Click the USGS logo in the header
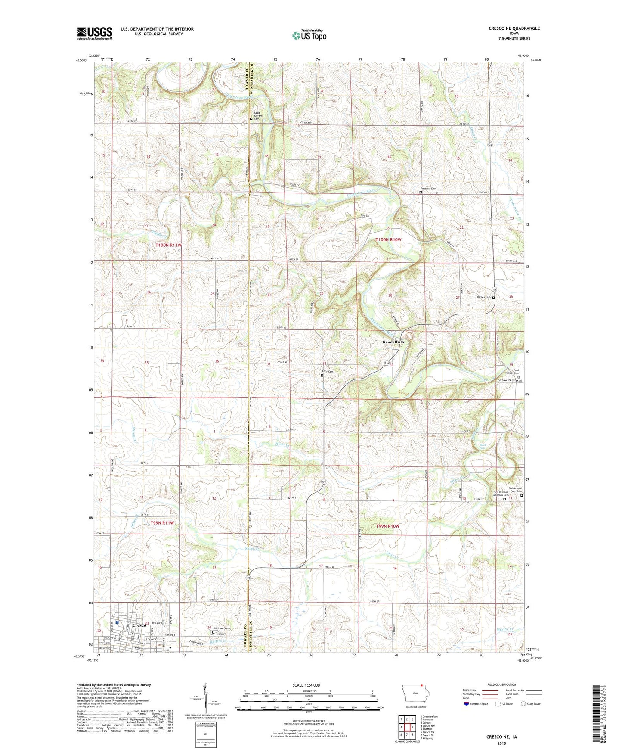pos(94,33)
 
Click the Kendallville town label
pos(393,342)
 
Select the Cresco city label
pos(139,625)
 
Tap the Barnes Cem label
pos(483,297)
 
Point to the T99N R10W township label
pos(387,526)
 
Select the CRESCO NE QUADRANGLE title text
pos(514,28)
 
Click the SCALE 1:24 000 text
pos(306,685)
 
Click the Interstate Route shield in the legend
pos(467,704)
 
